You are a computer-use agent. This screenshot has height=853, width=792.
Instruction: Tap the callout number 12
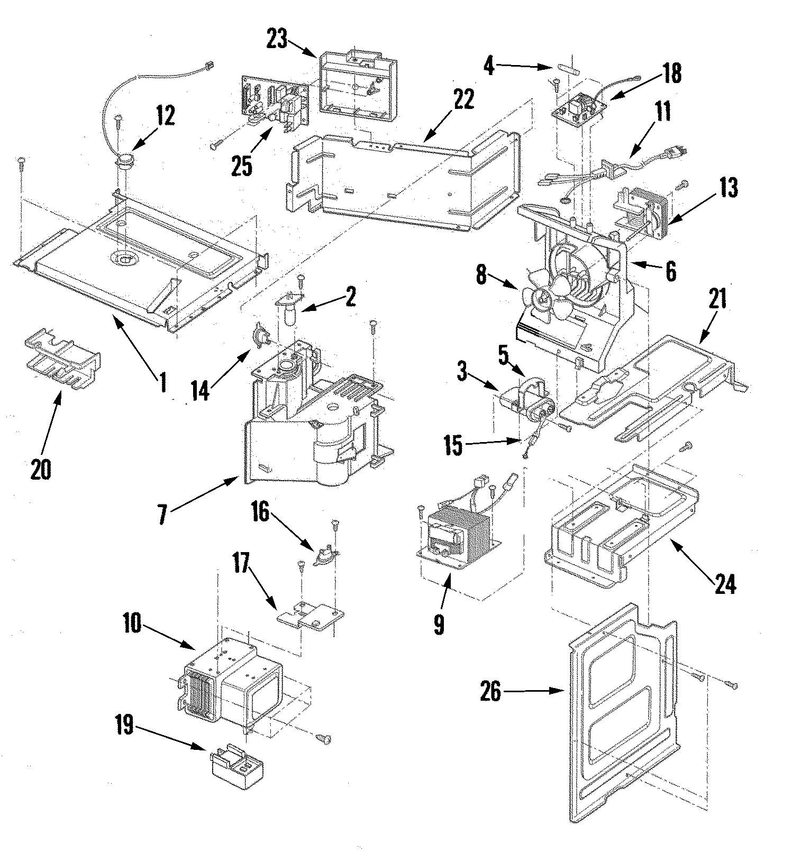pos(165,116)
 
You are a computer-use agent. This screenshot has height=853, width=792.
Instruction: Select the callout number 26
pos(490,691)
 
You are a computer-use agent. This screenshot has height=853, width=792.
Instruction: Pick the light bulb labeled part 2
pos(289,315)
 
